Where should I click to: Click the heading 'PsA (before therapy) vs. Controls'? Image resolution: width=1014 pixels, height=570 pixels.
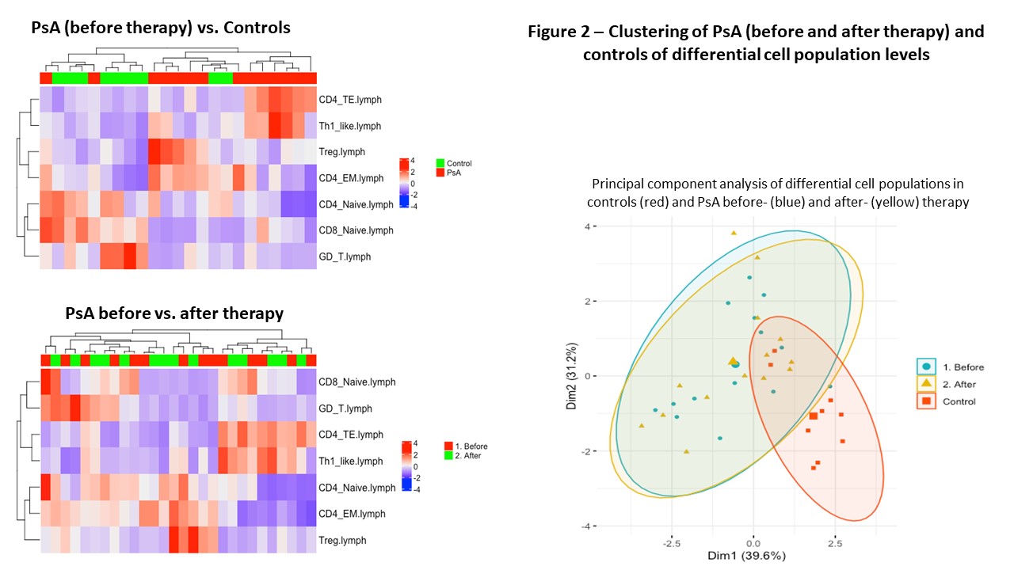(x=161, y=28)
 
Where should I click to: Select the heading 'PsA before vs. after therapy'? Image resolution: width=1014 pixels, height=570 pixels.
(x=174, y=313)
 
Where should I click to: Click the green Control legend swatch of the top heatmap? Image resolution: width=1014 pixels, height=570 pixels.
(x=440, y=163)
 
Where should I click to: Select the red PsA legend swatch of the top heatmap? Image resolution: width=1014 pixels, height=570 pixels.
(x=440, y=172)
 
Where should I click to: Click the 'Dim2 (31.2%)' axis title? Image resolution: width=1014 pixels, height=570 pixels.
(x=572, y=376)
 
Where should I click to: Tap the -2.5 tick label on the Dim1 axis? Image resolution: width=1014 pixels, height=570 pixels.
(x=673, y=544)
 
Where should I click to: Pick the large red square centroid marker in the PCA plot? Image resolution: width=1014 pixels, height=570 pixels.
(x=813, y=416)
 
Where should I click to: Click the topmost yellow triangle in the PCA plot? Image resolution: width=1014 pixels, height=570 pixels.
(x=734, y=233)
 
